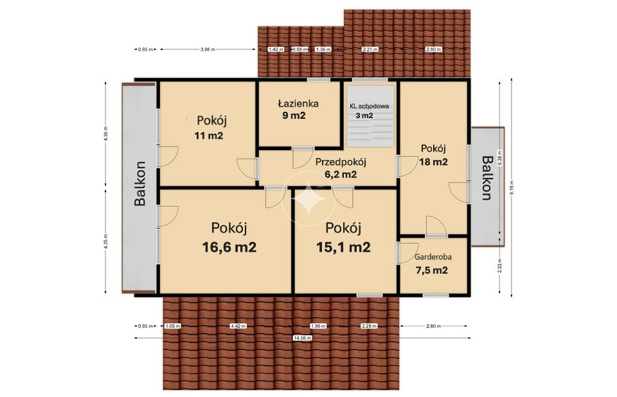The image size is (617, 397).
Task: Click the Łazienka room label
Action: pyautogui.click(x=298, y=103)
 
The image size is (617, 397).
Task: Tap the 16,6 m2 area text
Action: pyautogui.click(x=229, y=247)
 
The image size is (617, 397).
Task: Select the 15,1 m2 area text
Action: pyautogui.click(x=343, y=247)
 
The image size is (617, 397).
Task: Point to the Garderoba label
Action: pyautogui.click(x=433, y=257)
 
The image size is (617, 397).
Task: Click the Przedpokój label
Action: pyautogui.click(x=341, y=162)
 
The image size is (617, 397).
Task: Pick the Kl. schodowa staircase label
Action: pyautogui.click(x=370, y=106)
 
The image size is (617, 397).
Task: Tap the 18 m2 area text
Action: pyautogui.click(x=433, y=162)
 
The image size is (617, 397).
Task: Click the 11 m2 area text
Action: pyautogui.click(x=208, y=136)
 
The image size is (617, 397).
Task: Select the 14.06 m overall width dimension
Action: pyautogui.click(x=302, y=338)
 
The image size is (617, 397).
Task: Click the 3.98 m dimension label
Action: pyautogui.click(x=208, y=49)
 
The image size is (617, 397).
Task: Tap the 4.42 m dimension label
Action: pyautogui.click(x=238, y=326)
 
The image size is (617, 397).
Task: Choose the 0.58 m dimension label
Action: pyautogui.click(x=300, y=49)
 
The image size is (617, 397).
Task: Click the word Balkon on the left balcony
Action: pyautogui.click(x=139, y=183)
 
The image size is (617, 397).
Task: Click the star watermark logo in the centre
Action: pyautogui.click(x=308, y=198)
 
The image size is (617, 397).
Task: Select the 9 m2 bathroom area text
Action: pyautogui.click(x=294, y=115)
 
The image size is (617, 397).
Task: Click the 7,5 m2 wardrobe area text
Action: pyautogui.click(x=432, y=270)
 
